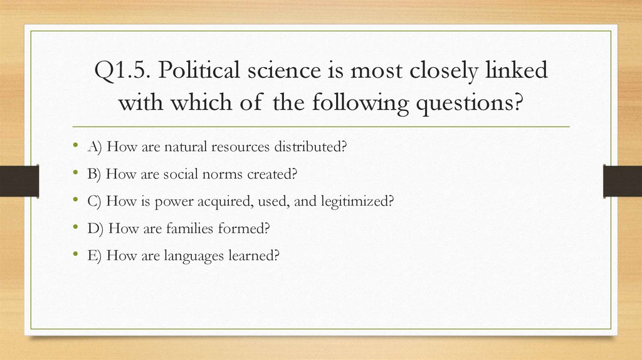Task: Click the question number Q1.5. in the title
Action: (123, 71)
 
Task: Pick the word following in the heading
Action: (355, 102)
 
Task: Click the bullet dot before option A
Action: (75, 146)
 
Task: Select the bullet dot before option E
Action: (75, 255)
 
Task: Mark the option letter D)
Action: (96, 228)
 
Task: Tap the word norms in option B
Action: (213, 174)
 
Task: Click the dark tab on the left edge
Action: (19, 181)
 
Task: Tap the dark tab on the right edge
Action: (622, 181)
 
